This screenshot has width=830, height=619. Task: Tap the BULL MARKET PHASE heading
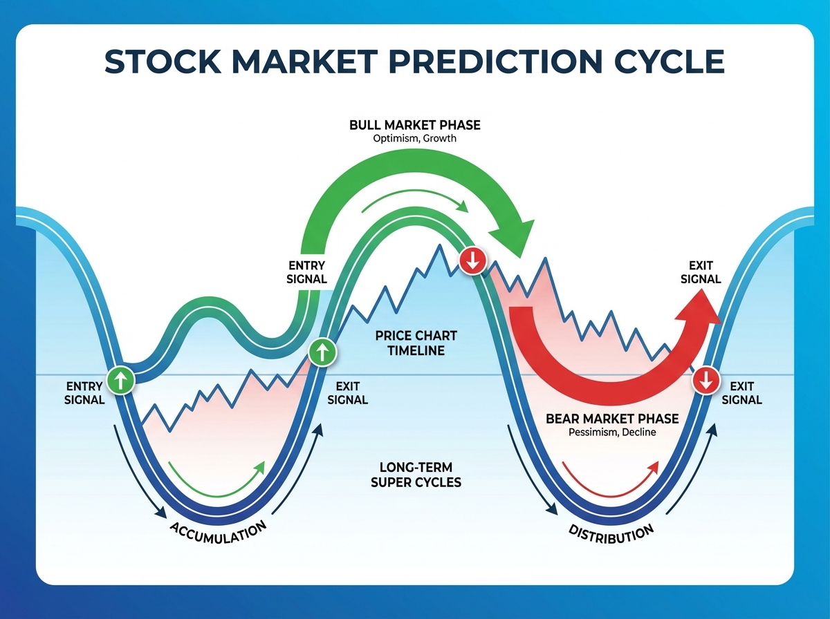pyautogui.click(x=415, y=125)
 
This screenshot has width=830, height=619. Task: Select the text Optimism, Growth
pyautogui.click(x=415, y=138)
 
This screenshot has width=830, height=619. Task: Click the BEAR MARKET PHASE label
pyautogui.click(x=612, y=419)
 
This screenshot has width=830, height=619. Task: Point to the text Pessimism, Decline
pyautogui.click(x=612, y=432)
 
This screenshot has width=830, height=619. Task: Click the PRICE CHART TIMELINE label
pyautogui.click(x=416, y=343)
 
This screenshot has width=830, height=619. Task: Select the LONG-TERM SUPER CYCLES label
pyautogui.click(x=416, y=475)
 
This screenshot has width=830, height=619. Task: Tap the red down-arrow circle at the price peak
pyautogui.click(x=473, y=260)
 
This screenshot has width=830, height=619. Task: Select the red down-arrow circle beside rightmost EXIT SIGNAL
pyautogui.click(x=705, y=380)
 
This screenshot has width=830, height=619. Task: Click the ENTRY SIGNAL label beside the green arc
pyautogui.click(x=306, y=272)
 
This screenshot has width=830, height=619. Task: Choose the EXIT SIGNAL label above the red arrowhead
pyautogui.click(x=701, y=272)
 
